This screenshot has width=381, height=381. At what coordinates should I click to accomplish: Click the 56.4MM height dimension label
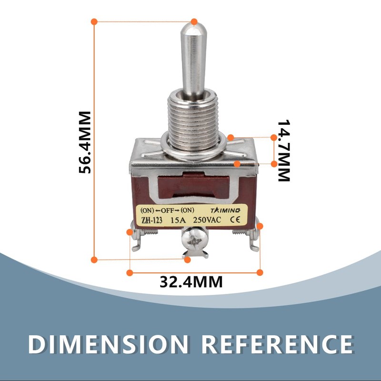(85, 142)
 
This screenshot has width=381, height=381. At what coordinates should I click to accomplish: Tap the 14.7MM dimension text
(284, 150)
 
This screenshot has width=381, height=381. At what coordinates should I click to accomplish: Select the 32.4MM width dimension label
(191, 282)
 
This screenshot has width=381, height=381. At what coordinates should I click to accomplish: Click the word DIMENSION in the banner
(108, 344)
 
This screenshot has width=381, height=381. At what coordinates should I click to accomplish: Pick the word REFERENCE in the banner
(277, 344)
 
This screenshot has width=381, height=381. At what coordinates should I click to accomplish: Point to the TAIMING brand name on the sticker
(225, 210)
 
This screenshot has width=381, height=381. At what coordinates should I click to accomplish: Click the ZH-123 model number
(152, 221)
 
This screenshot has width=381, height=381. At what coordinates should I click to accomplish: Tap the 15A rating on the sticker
(178, 220)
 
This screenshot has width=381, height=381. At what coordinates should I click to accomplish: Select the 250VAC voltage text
(207, 220)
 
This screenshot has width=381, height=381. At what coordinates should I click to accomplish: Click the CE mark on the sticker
(235, 220)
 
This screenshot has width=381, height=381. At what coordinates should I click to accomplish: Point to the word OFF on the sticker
(168, 211)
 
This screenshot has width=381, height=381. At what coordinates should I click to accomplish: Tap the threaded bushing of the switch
(193, 121)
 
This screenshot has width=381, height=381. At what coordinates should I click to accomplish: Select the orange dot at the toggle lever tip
(194, 21)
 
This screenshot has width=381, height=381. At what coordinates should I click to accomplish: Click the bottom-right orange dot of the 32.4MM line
(260, 272)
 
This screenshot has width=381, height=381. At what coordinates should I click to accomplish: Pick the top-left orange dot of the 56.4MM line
(94, 21)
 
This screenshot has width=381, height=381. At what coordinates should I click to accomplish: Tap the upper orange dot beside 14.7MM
(273, 138)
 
